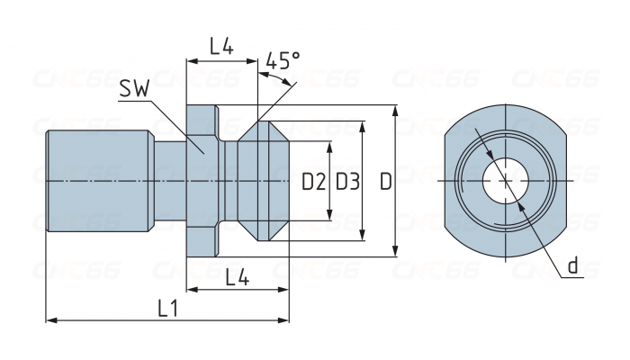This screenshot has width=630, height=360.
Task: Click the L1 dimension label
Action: pyautogui.click(x=167, y=308)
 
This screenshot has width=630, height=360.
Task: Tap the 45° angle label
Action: pyautogui.click(x=283, y=61)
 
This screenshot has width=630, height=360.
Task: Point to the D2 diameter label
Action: pyautogui.click(x=313, y=183)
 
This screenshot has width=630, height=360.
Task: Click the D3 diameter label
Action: pyautogui.click(x=347, y=183)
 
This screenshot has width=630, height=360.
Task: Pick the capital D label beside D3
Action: pyautogui.click(x=385, y=183)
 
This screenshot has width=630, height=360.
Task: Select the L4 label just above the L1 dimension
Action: pyautogui.click(x=237, y=277)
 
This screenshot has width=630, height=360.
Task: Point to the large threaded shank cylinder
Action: pyautogui.click(x=97, y=181)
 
